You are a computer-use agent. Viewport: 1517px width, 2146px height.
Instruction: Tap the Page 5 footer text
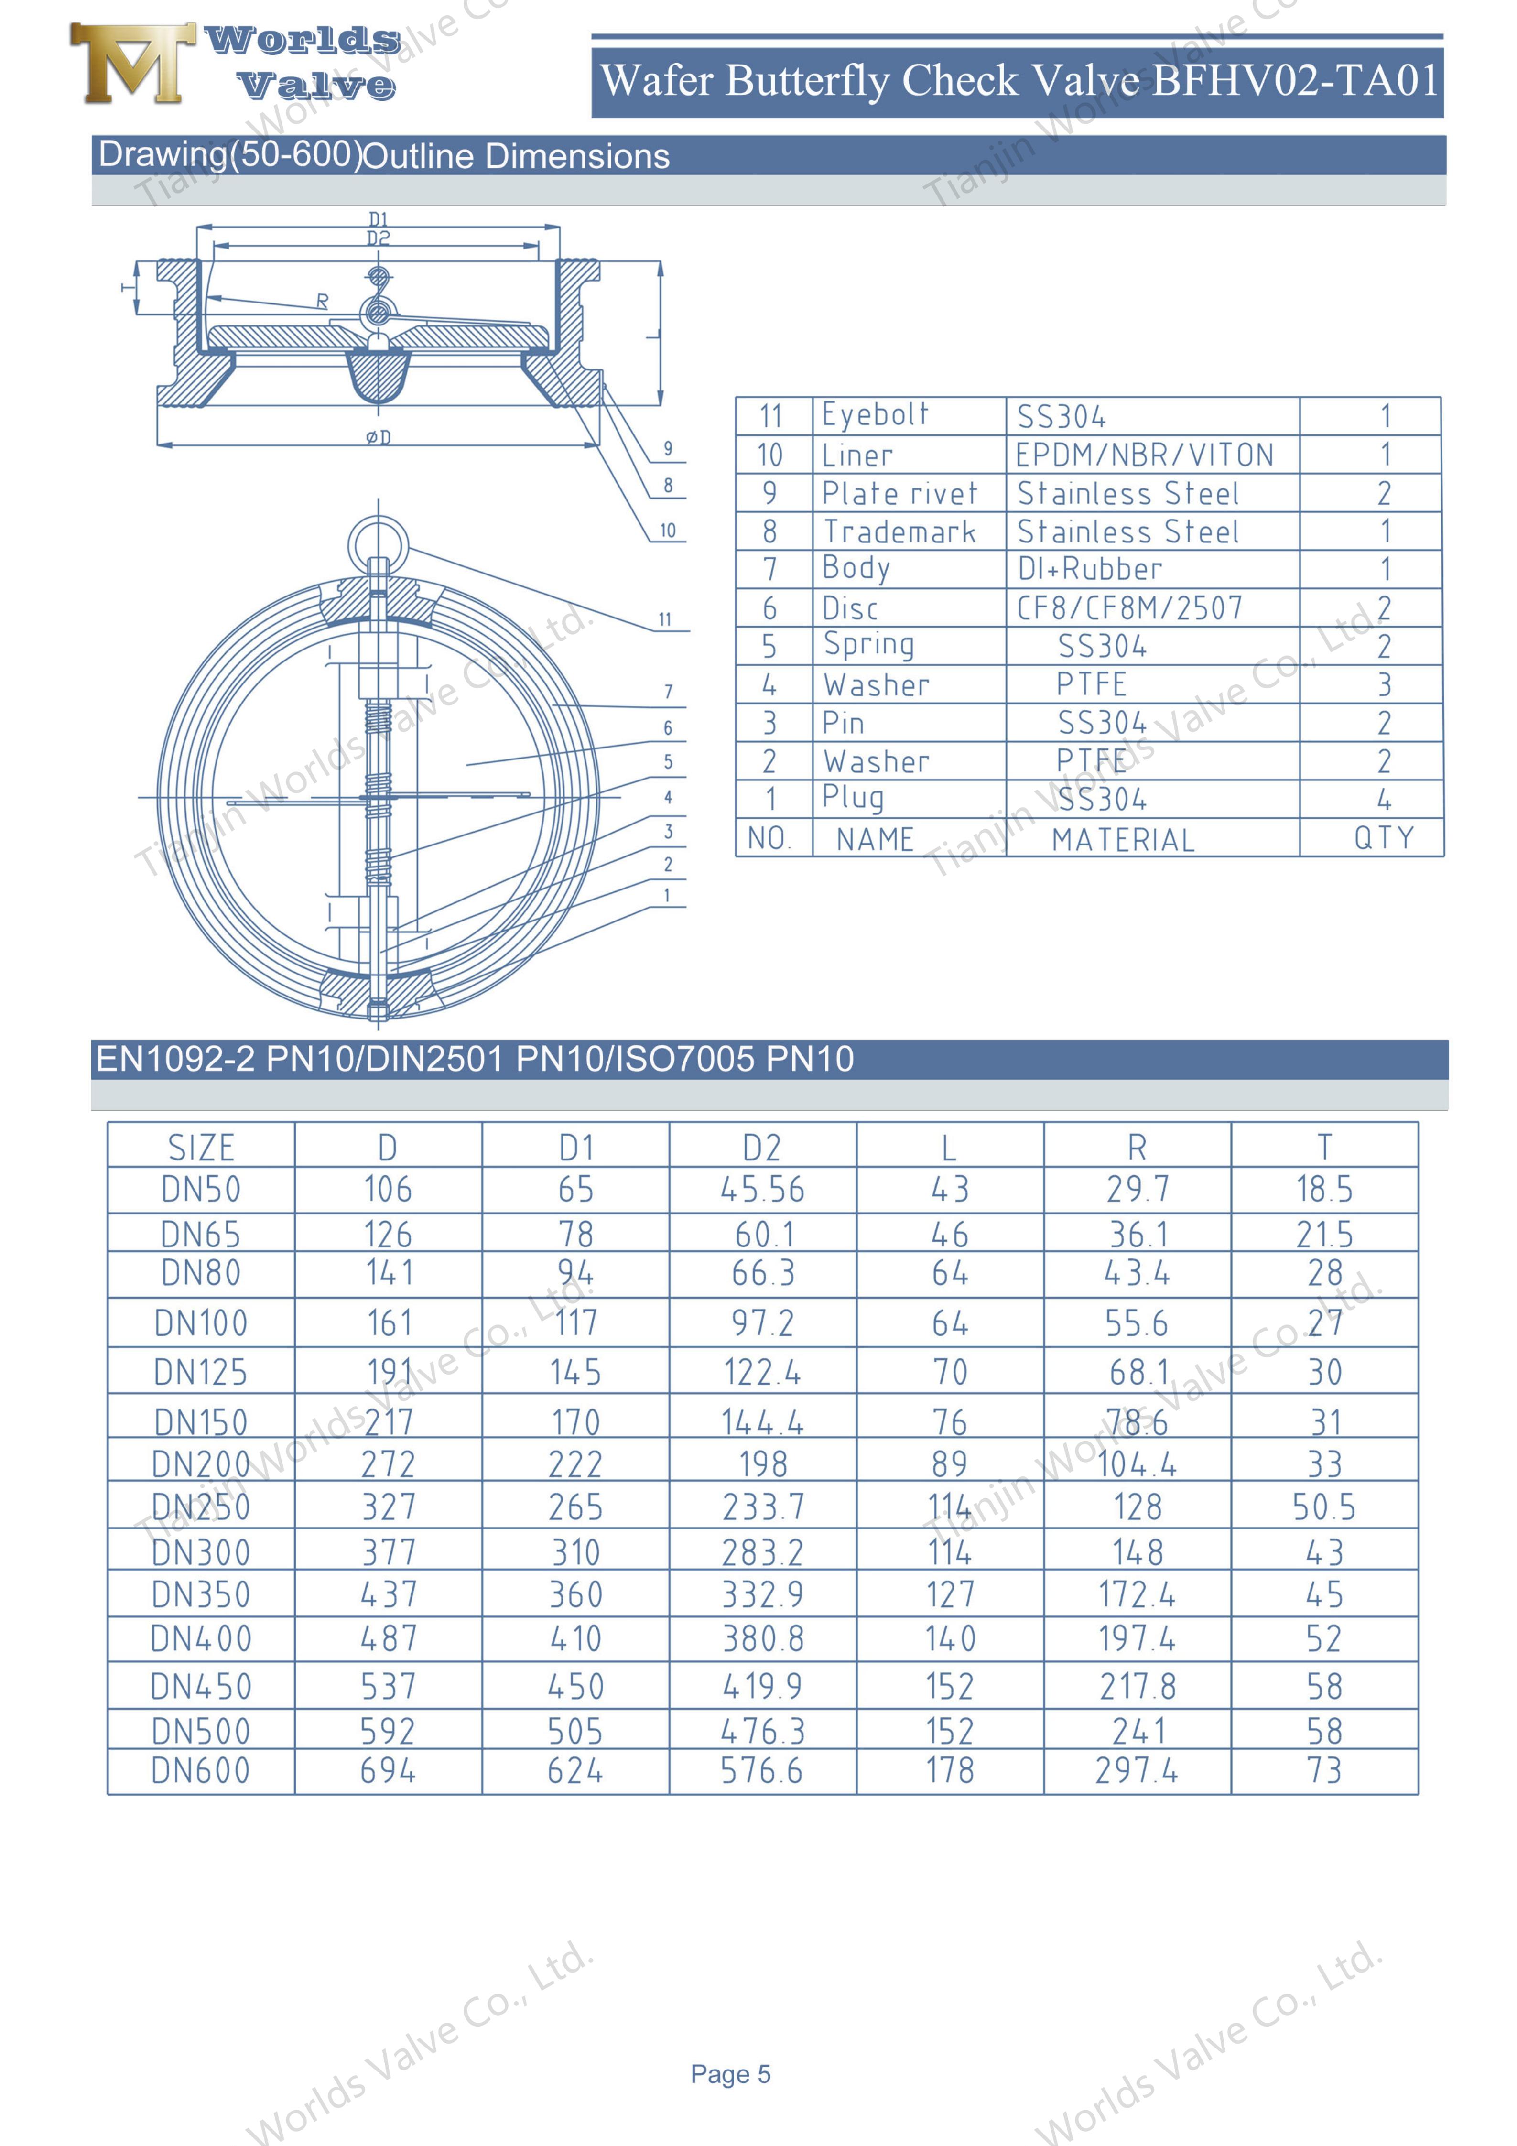click(x=730, y=2074)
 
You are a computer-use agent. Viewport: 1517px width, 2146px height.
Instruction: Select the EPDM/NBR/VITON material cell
click(x=1144, y=455)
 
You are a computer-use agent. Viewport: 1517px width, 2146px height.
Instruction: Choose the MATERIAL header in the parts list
click(x=1123, y=839)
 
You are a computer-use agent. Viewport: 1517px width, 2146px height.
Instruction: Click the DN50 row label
click(x=201, y=1189)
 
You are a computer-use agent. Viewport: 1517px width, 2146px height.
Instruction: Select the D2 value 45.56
click(x=762, y=1189)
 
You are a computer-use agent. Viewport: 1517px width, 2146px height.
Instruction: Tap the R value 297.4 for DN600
click(x=1137, y=1770)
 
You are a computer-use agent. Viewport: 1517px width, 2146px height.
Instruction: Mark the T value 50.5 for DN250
click(x=1323, y=1507)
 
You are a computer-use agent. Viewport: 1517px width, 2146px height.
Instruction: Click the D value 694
click(x=388, y=1770)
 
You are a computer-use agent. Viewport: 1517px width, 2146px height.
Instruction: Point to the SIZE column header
click(x=201, y=1147)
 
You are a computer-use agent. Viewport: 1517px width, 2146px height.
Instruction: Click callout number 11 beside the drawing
click(x=664, y=620)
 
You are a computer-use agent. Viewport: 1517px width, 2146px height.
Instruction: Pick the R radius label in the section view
click(x=323, y=301)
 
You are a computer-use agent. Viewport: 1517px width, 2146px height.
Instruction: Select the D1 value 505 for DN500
click(x=575, y=1731)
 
